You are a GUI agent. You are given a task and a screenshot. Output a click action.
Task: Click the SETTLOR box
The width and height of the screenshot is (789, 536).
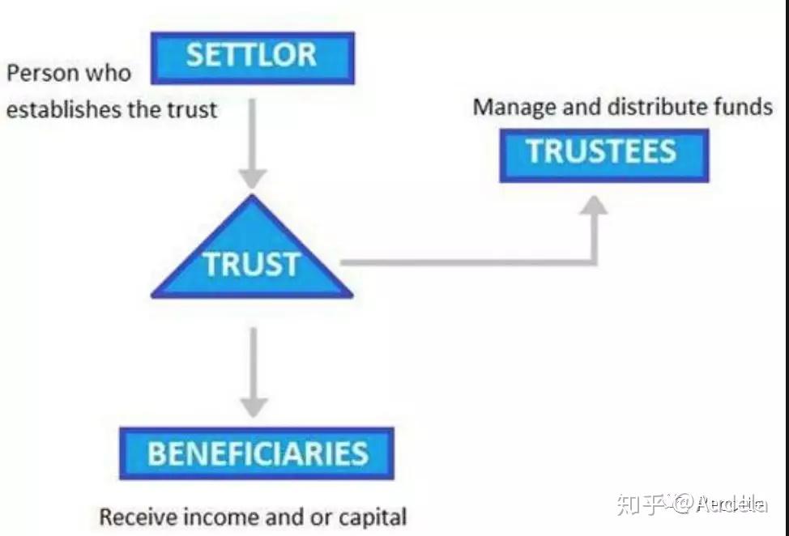pos(252,57)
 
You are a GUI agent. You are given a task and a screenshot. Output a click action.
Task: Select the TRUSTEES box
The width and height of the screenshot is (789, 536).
pos(603,154)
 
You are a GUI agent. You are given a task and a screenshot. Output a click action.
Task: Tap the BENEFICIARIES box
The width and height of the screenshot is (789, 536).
pos(256,453)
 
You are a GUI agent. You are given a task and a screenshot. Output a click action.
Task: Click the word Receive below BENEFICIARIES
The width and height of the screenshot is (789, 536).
pos(134,516)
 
